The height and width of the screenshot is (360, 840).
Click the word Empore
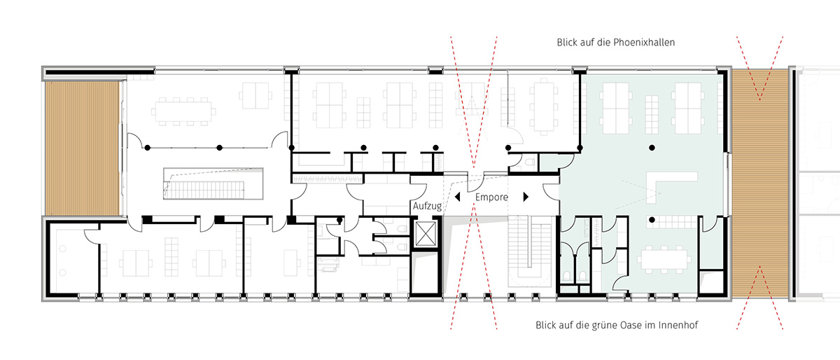tap(491, 197)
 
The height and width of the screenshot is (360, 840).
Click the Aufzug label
tap(427, 206)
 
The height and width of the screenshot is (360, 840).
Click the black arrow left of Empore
tap(457, 197)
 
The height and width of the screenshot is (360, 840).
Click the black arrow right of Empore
tap(526, 197)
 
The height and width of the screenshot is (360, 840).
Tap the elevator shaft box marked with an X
tap(426, 233)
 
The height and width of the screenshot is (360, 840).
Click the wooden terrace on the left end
tap(82, 148)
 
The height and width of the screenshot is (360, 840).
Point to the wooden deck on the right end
tap(760, 184)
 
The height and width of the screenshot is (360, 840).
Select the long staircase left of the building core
tap(204, 190)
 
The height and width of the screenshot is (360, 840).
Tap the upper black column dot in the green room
tap(652, 148)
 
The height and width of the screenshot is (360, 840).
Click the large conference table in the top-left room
tap(183, 111)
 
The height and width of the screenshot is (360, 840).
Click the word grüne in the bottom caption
tap(605, 325)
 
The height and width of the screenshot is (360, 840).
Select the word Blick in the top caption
tap(566, 43)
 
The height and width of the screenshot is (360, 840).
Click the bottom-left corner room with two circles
tap(73, 258)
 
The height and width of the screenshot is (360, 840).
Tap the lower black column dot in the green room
tap(652, 220)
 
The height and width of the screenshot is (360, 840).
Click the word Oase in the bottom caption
tap(631, 325)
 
